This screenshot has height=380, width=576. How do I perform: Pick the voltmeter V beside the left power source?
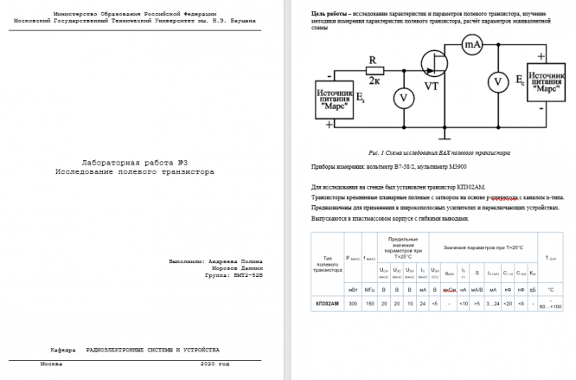tap(400, 98)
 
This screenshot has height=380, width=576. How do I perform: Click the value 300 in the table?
tap(352, 304)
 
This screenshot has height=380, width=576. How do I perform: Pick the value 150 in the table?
tap(368, 304)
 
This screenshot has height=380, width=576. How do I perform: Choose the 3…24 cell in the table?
tap(493, 304)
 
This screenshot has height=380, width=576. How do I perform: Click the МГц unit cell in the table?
tap(368, 288)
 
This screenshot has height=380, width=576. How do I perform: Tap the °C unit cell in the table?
tap(550, 288)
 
